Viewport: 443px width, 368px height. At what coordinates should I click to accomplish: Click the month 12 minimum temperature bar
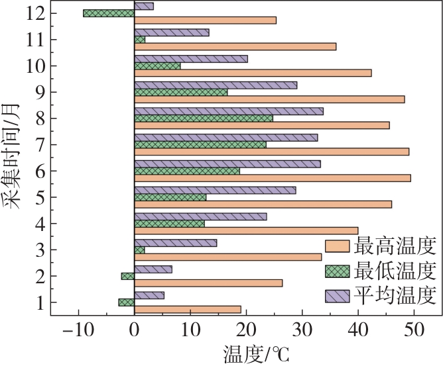pos(109,13)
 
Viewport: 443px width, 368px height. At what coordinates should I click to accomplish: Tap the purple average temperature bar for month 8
pos(228,111)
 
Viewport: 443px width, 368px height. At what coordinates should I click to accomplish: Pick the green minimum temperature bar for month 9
pos(180,93)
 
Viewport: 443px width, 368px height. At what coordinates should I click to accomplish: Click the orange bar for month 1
pos(187,309)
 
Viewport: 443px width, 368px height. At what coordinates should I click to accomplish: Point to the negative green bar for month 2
pos(127,276)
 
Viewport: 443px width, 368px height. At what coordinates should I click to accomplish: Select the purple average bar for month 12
pos(144,6)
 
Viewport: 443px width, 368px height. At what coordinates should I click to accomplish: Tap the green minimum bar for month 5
pos(170,197)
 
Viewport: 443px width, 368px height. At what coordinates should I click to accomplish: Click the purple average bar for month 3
pos(175,243)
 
